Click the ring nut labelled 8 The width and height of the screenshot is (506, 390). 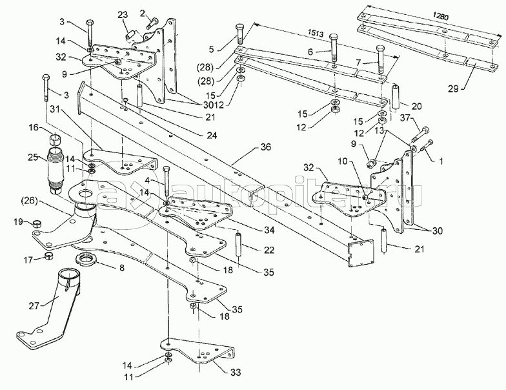[88, 262]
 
